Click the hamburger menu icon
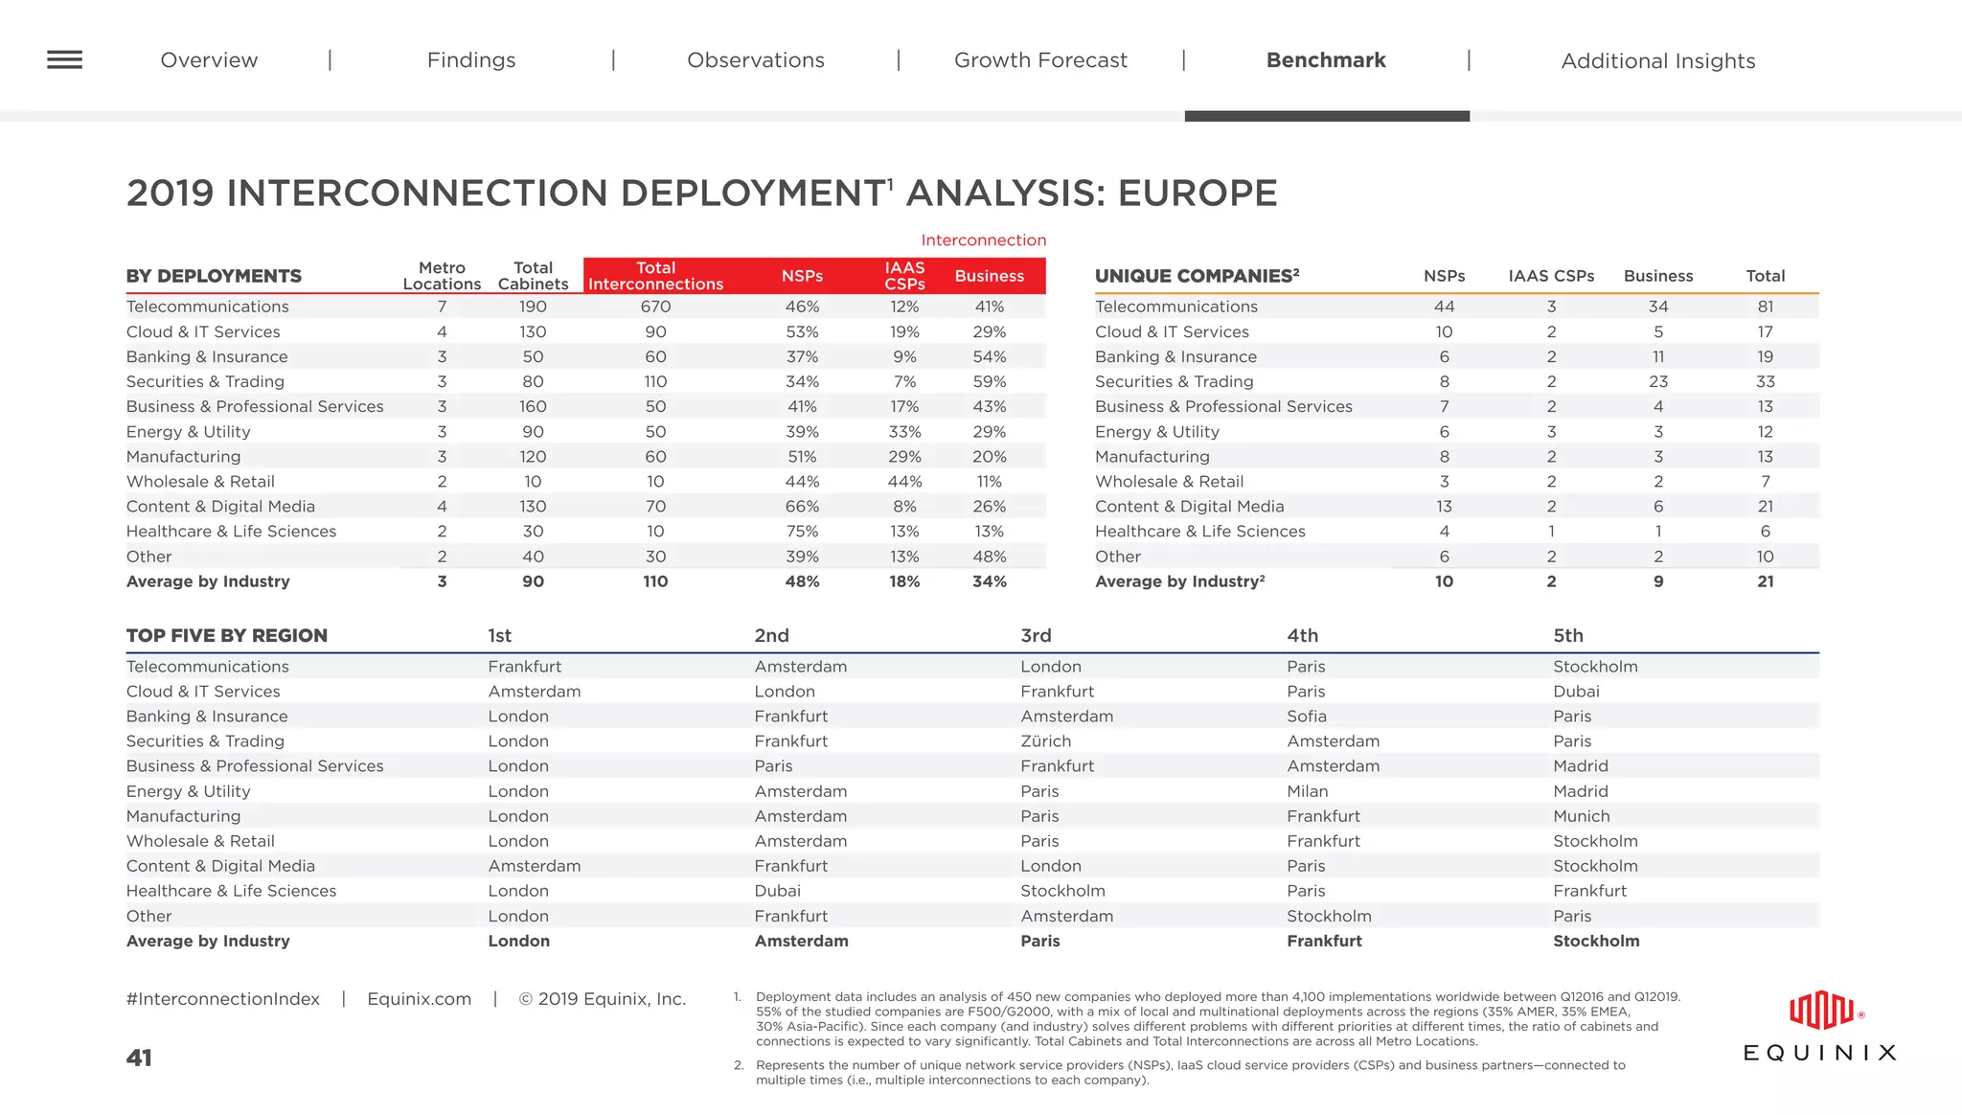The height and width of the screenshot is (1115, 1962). [64, 59]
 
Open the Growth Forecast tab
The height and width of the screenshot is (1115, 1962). [1040, 60]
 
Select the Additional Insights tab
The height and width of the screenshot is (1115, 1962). [1657, 61]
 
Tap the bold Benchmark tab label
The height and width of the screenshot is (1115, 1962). [1325, 60]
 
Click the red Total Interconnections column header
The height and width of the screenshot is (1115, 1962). [655, 276]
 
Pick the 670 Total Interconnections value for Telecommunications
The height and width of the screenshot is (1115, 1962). [655, 307]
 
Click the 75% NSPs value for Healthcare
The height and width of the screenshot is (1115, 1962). [802, 532]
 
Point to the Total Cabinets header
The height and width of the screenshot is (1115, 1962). [533, 276]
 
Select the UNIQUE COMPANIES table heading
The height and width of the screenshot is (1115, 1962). [1197, 276]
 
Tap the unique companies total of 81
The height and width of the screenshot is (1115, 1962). [1765, 307]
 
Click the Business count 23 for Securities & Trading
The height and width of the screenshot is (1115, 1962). [1657, 381]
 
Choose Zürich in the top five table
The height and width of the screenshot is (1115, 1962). [1045, 741]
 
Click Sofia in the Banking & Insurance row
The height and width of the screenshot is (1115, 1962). [1306, 717]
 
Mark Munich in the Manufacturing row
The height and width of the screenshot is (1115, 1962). [1581, 816]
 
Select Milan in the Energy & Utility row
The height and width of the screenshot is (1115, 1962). [1307, 791]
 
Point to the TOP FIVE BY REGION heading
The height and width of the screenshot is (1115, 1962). [227, 636]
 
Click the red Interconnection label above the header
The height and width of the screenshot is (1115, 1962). [983, 240]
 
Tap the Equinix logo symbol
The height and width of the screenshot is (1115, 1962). [1821, 1012]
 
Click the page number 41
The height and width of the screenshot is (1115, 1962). [139, 1058]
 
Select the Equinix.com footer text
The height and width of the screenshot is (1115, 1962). [419, 999]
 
